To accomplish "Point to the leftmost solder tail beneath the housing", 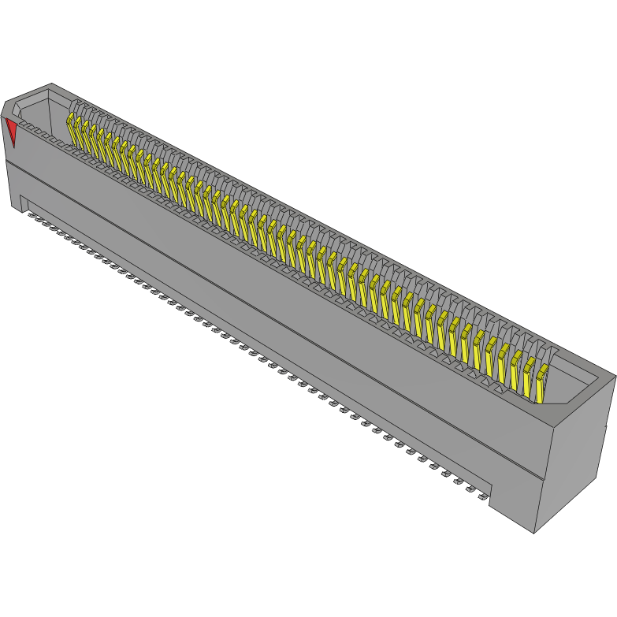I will tap(32, 214).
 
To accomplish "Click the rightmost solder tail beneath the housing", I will tap(480, 499).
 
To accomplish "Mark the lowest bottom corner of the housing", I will tap(534, 533).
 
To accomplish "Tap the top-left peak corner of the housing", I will tap(51, 84).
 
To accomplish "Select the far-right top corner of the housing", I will tap(615, 376).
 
